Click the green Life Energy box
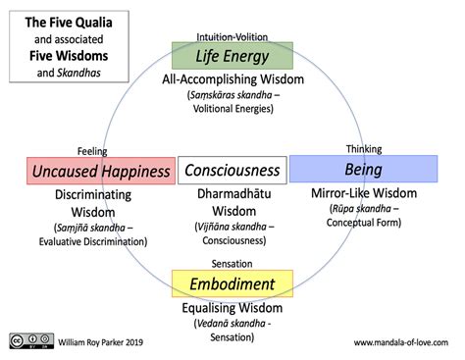(x=232, y=56)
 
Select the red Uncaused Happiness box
(x=101, y=171)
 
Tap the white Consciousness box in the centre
(x=232, y=170)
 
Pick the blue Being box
(x=364, y=169)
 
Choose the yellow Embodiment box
(x=232, y=283)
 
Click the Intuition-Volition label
(x=232, y=37)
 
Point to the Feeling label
(x=92, y=151)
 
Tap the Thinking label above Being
(x=364, y=149)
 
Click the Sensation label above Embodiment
(x=232, y=264)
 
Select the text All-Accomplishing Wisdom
(x=232, y=79)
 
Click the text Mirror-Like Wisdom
(x=364, y=193)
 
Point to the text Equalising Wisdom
(x=232, y=308)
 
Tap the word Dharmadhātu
(x=234, y=193)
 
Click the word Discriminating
(x=93, y=195)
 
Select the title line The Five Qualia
(x=69, y=23)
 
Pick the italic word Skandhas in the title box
(x=78, y=73)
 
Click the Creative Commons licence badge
(x=31, y=340)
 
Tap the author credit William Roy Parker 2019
(x=101, y=342)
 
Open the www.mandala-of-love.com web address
(x=401, y=342)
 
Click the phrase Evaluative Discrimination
(x=93, y=241)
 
